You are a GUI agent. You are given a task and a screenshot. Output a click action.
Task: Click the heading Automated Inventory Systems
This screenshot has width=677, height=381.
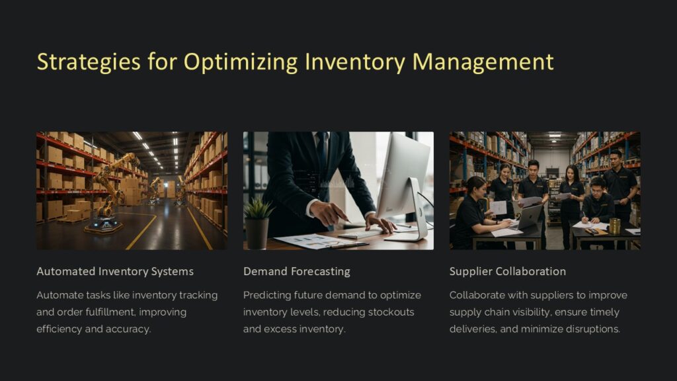(x=115, y=271)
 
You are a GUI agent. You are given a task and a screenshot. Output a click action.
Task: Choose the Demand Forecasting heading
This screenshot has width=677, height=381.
(x=297, y=271)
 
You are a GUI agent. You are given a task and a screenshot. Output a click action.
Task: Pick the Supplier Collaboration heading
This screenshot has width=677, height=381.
(x=508, y=271)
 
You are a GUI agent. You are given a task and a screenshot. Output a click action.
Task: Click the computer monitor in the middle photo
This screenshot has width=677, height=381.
(x=403, y=179)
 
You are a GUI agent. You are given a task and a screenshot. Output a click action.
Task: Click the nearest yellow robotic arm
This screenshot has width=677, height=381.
(x=109, y=192)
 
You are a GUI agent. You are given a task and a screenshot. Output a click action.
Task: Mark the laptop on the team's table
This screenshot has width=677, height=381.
(x=529, y=217)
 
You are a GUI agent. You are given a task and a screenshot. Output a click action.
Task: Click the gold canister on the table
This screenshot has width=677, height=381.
(x=615, y=226)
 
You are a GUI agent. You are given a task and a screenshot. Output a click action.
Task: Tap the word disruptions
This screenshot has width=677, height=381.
(x=594, y=329)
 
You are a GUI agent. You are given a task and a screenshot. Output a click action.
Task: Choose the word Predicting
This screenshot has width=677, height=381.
(x=266, y=295)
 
